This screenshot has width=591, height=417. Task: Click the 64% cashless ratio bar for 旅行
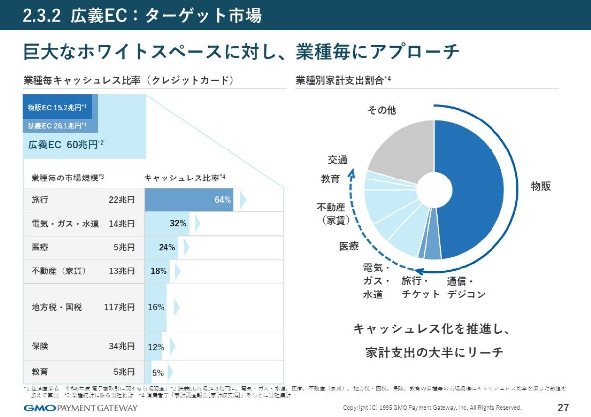tap(189, 200)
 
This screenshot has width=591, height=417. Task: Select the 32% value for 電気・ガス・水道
tap(178, 223)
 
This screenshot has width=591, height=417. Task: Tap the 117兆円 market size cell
tap(119, 307)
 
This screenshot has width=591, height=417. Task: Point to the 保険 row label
tap(40, 346)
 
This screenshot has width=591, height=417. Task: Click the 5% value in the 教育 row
tap(158, 372)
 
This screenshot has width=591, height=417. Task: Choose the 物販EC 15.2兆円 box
tap(57, 108)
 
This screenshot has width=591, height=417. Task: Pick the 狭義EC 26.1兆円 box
tap(57, 126)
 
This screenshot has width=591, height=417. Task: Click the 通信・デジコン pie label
tap(466, 288)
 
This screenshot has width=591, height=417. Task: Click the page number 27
tap(563, 408)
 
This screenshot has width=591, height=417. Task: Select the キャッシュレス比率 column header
tap(184, 178)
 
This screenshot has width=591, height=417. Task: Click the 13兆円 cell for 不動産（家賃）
tap(122, 271)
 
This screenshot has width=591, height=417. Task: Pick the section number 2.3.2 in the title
tap(41, 16)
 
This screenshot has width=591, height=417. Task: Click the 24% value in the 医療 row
tap(167, 247)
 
